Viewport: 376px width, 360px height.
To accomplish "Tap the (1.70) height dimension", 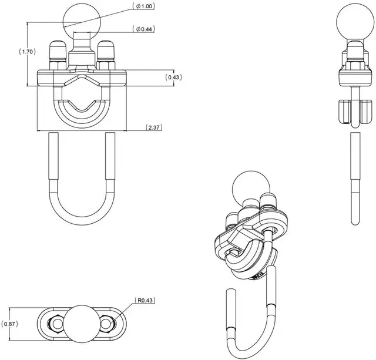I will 28,52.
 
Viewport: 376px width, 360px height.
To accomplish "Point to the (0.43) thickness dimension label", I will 173,78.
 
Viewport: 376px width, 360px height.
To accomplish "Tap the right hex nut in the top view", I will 108,323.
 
